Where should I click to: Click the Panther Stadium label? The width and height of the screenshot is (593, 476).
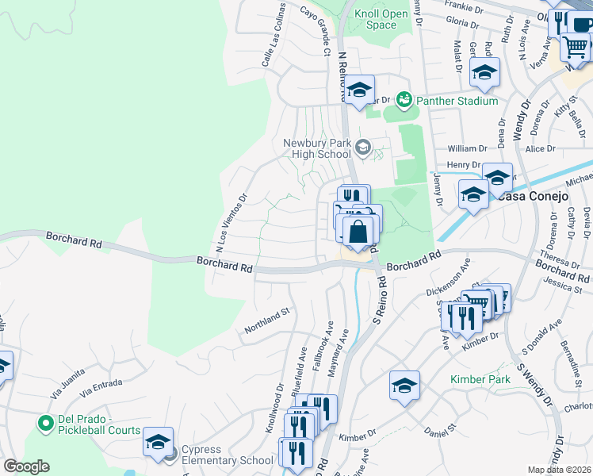click(458, 101)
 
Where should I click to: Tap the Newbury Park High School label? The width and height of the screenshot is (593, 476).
click(317, 148)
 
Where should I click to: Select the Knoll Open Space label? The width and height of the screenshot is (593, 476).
click(376, 19)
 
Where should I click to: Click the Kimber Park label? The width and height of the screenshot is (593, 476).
click(480, 380)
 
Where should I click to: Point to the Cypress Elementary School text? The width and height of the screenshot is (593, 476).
click(228, 455)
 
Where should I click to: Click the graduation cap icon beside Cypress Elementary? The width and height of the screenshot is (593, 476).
click(158, 440)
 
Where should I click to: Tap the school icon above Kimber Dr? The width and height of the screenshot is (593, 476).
click(404, 386)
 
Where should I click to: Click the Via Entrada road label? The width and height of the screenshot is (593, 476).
click(98, 386)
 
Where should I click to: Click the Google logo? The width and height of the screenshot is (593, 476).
click(26, 466)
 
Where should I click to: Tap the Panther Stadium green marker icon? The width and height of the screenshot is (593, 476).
click(405, 100)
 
